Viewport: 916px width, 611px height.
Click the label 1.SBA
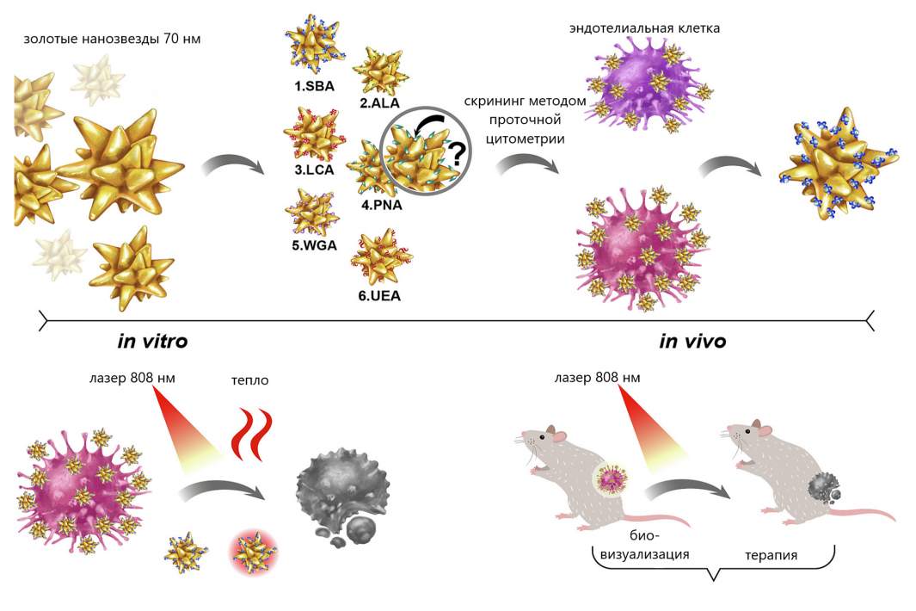tap(314, 87)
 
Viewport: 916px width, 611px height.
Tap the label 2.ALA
tap(379, 103)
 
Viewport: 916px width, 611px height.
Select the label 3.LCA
tap(314, 170)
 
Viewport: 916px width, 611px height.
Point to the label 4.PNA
tap(382, 205)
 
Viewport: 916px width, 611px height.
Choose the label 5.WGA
tap(314, 245)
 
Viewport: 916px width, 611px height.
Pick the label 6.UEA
tap(379, 296)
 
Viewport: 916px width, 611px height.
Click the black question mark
tap(457, 155)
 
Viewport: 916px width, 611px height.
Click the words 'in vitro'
tap(152, 341)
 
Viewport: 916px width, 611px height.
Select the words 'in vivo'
tap(692, 341)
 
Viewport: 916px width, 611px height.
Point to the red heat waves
tap(252, 435)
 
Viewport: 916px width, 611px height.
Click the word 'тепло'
tap(250, 380)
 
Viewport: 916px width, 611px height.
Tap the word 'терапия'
tap(772, 555)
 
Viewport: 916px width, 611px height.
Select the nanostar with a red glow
tap(254, 552)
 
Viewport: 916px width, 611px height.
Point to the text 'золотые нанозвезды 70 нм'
tap(112, 40)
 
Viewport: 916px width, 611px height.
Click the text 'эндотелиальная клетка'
tap(644, 28)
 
